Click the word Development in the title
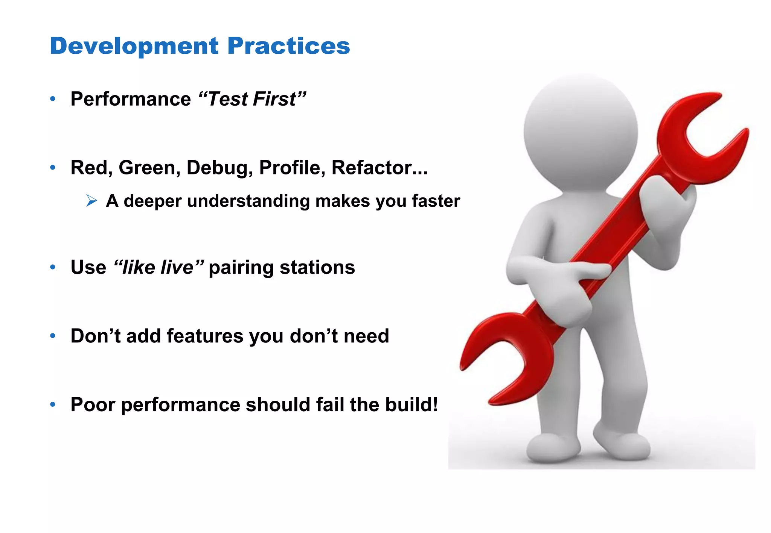click(134, 46)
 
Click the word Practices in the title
click(289, 46)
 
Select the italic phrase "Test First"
click(252, 99)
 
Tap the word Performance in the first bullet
click(131, 99)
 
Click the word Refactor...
click(379, 168)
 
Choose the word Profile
click(292, 168)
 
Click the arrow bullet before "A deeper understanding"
click(91, 201)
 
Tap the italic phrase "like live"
click(158, 267)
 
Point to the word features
click(205, 336)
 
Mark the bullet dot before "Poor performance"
click(53, 405)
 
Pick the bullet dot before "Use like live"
click(53, 267)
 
